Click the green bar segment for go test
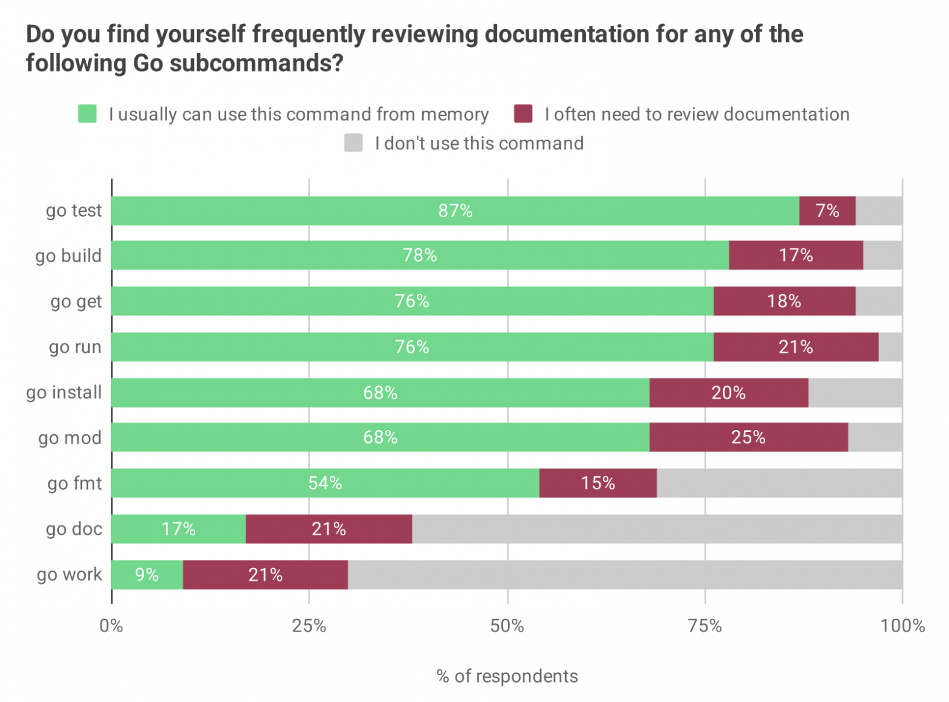pyautogui.click(x=455, y=210)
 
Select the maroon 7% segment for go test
pyautogui.click(x=827, y=210)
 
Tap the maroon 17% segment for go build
pyautogui.click(x=796, y=255)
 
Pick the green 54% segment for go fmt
pyautogui.click(x=325, y=483)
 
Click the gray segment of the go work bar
pyautogui.click(x=625, y=575)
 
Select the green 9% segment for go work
pyautogui.click(x=147, y=575)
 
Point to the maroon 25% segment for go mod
pyautogui.click(x=748, y=437)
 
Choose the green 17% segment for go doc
pyautogui.click(x=178, y=529)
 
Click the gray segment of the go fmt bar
pyautogui.click(x=779, y=483)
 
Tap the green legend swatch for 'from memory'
pyautogui.click(x=88, y=114)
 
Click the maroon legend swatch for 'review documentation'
pyautogui.click(x=523, y=114)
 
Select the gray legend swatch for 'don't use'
pyautogui.click(x=353, y=143)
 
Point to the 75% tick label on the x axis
pyautogui.click(x=705, y=625)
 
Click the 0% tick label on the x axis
pyautogui.click(x=111, y=625)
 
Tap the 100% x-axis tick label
pyautogui.click(x=903, y=625)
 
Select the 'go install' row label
pyautogui.click(x=64, y=392)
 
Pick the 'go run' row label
pyautogui.click(x=75, y=347)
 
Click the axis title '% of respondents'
pyautogui.click(x=507, y=676)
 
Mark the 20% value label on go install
pyautogui.click(x=728, y=392)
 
